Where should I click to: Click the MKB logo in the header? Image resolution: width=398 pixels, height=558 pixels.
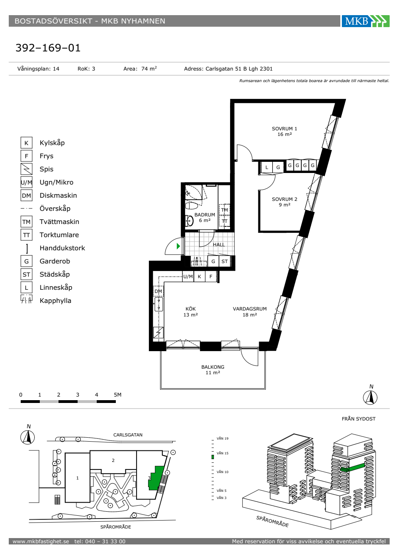365,21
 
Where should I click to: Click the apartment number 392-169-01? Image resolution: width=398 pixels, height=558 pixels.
48,48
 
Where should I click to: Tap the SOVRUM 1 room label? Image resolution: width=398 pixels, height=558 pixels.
284,131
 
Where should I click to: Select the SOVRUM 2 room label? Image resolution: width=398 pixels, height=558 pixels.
284,202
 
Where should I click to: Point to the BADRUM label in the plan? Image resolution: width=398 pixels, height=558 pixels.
205,215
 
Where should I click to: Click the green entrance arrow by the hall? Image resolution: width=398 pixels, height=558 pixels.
178,246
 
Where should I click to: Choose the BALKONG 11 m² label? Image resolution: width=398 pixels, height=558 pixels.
213,370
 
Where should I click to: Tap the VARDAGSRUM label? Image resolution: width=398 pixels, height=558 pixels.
250,309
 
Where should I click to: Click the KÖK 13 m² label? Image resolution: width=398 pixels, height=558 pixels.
191,312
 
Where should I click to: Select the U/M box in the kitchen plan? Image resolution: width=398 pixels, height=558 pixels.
188,277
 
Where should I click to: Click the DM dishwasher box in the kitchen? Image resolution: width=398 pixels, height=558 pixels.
158,291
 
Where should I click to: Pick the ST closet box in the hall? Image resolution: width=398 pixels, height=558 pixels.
224,261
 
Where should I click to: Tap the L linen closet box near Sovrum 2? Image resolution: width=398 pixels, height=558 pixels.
267,167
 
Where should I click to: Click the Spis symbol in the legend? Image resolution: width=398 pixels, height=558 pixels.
26,169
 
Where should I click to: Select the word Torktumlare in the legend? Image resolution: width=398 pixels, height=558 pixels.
59,235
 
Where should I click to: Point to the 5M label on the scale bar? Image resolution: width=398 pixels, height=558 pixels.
117,395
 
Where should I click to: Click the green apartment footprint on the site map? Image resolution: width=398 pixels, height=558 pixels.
156,478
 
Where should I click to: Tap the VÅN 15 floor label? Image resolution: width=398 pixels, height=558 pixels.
222,453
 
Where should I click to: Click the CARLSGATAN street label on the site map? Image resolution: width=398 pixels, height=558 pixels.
128,435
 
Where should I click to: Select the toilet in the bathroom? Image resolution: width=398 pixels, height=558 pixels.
191,206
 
